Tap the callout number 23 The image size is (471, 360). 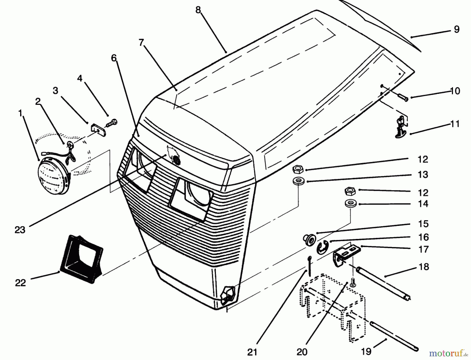pyautogui.click(x=20, y=230)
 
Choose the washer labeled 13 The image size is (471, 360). pyautogui.click(x=298, y=181)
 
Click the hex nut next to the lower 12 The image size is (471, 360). pyautogui.click(x=350, y=192)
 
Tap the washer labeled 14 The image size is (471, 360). pyautogui.click(x=350, y=203)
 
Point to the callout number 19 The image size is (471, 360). pyautogui.click(x=366, y=352)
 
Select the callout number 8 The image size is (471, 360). pyautogui.click(x=198, y=10)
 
